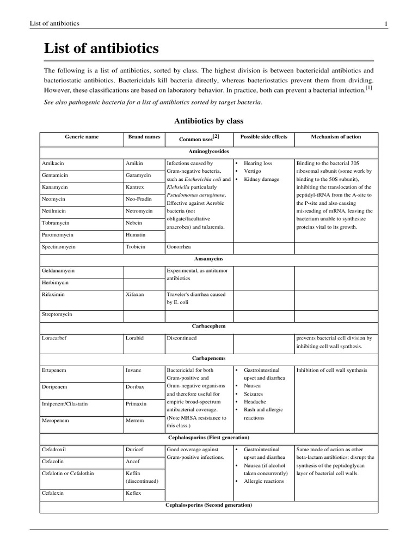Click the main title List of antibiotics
click(x=101, y=49)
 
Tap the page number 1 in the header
click(x=386, y=23)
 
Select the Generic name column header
click(x=82, y=137)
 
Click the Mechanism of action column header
click(x=336, y=137)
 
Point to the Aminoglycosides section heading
click(x=208, y=151)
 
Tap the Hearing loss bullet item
click(x=258, y=163)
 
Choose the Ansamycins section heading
click(x=208, y=258)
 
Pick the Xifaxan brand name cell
click(x=135, y=294)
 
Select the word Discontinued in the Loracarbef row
click(x=182, y=338)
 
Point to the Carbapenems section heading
click(x=208, y=358)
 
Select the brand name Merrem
click(x=134, y=421)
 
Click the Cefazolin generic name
click(x=53, y=461)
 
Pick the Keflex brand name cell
click(x=133, y=493)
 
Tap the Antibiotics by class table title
click(x=208, y=120)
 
